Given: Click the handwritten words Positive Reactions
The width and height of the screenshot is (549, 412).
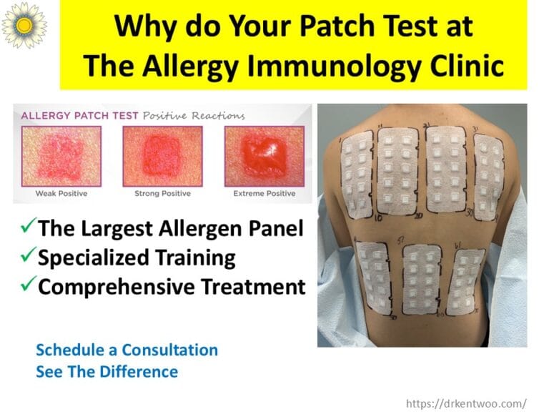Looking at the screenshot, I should click(193, 115).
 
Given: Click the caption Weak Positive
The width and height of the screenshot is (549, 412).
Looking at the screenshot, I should click(61, 194).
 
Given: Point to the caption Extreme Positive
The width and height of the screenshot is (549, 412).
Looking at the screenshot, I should click(264, 194).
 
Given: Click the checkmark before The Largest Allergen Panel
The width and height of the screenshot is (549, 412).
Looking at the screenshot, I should click(27, 228).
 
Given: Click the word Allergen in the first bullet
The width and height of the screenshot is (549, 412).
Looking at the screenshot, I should click(209, 228).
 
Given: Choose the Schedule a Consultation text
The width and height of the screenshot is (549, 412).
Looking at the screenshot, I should click(127, 350).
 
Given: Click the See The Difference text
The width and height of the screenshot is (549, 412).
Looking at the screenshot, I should click(107, 372).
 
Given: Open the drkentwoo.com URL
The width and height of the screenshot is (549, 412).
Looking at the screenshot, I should click(466, 403).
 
